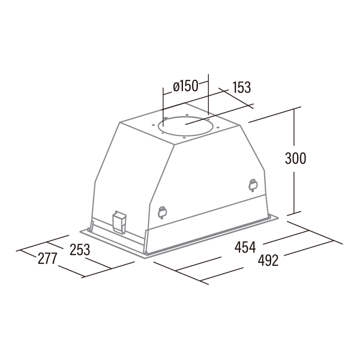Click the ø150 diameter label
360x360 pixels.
click(x=185, y=86)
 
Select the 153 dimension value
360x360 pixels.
click(x=242, y=87)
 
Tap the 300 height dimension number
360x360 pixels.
click(x=295, y=158)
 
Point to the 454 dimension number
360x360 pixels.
click(x=245, y=247)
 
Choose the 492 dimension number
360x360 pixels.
click(x=268, y=260)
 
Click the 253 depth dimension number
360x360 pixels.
click(x=80, y=250)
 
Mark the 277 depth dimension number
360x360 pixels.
click(x=47, y=259)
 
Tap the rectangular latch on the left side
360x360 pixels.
click(x=119, y=222)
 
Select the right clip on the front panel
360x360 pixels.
click(x=253, y=185)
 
